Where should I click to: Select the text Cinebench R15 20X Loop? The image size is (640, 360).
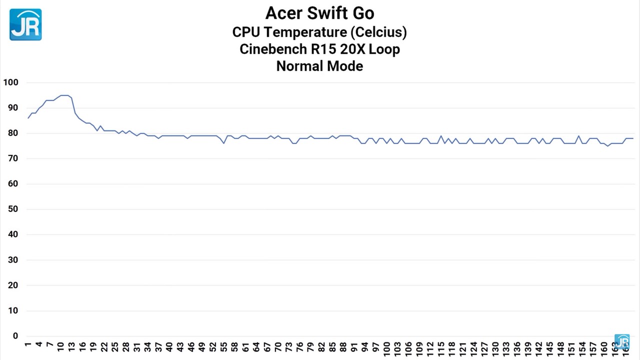pos(319,49)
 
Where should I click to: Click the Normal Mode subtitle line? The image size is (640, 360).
pos(319,66)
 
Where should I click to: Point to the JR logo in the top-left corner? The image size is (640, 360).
pos(25,24)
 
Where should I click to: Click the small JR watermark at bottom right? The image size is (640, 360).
pos(621,341)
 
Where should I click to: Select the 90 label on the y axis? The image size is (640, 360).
pos(11,108)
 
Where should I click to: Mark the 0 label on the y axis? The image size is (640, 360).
pos(15,336)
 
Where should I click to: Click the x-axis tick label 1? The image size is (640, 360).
pos(28,345)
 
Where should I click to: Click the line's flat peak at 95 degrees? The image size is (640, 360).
pos(64,95)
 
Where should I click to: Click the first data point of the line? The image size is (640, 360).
pos(28,118)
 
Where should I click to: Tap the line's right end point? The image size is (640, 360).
pos(633,138)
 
